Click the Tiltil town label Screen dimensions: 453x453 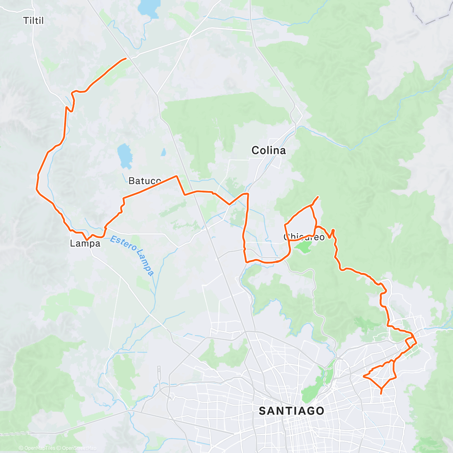(x=34, y=20)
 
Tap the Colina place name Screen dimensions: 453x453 (x=268, y=151)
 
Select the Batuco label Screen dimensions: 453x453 (x=145, y=181)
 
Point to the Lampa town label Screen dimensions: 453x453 (x=85, y=243)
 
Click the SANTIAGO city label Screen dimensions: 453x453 (x=291, y=411)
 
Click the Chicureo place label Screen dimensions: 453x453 (x=304, y=237)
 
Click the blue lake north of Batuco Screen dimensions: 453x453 (x=125, y=156)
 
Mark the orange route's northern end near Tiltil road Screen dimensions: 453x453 (x=126, y=59)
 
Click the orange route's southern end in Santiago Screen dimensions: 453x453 (x=381, y=394)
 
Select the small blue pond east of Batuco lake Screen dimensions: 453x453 (x=163, y=153)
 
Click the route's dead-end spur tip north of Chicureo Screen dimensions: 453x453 (x=318, y=197)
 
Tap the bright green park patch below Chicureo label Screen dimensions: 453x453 (x=304, y=248)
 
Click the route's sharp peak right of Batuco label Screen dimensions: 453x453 (x=176, y=176)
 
